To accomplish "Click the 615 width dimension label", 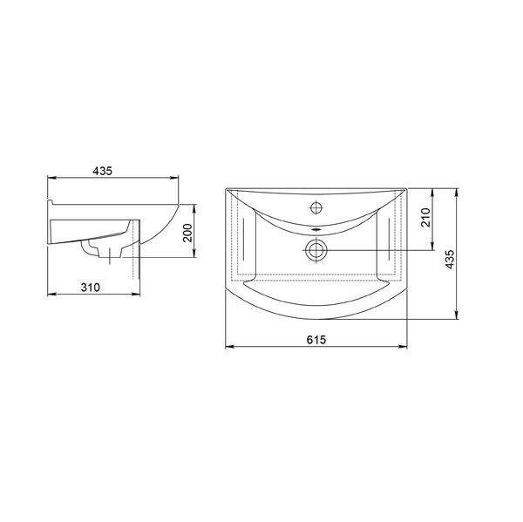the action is pyautogui.click(x=316, y=340).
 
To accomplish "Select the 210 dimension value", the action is pyautogui.click(x=426, y=217).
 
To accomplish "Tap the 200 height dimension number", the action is pyautogui.click(x=188, y=233).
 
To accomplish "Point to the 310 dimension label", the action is pyautogui.click(x=90, y=288).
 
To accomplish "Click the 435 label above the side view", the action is pyautogui.click(x=102, y=171).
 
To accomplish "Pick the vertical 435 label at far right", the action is pyautogui.click(x=450, y=259).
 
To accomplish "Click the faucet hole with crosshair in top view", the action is pyautogui.click(x=316, y=207).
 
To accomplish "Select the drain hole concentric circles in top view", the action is pyautogui.click(x=316, y=250).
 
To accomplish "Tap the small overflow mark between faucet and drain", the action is pyautogui.click(x=316, y=229).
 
